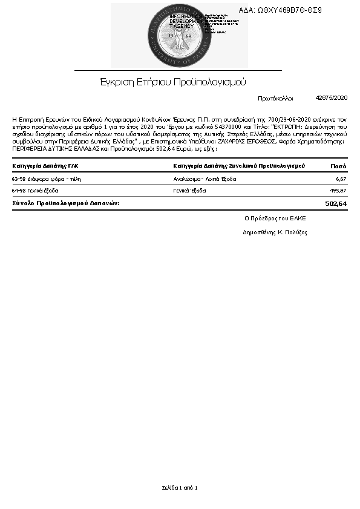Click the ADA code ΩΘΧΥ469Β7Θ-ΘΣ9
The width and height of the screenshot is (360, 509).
pos(289,10)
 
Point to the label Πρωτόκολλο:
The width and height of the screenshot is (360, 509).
pos(275,97)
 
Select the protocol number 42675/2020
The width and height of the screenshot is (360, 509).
pos(332,97)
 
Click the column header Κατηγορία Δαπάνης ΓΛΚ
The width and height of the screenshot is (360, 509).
pos(45,166)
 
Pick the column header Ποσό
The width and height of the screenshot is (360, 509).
pos(338,166)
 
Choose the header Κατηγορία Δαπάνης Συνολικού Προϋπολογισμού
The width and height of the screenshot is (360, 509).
pos(239,166)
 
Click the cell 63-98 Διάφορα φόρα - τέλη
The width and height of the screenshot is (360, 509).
pos(47,179)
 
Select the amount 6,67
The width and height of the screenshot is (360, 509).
pos(341,179)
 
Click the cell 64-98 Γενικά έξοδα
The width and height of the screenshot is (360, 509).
pos(35,191)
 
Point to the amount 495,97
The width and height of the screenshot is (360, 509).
pos(338,191)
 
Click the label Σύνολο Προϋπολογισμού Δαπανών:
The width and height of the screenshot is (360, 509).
pos(66,203)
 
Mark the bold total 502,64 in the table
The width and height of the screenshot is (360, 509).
pos(336,203)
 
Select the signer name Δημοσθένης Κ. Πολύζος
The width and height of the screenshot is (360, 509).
pos(275,232)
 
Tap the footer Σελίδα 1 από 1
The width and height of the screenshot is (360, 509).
pos(180,487)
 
